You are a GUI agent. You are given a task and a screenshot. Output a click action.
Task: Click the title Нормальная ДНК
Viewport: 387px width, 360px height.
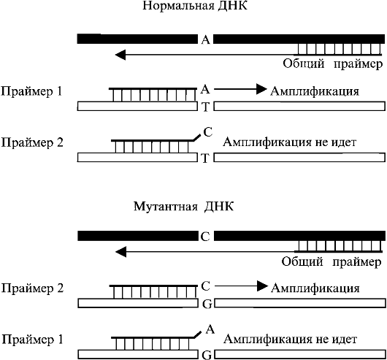pos(195,5)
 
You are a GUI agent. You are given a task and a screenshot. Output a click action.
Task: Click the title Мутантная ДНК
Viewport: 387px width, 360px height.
pos(183,206)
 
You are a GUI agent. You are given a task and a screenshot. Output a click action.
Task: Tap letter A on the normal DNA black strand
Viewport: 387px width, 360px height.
pos(205,39)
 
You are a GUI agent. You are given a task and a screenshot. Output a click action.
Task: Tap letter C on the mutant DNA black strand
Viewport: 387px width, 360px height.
pos(205,237)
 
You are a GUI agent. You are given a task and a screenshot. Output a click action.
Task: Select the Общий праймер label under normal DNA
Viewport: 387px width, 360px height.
pos(332,64)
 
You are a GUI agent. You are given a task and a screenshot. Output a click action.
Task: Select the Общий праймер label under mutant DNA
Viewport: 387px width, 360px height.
pos(332,261)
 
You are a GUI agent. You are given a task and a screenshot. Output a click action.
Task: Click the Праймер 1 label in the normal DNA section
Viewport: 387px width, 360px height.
pos(31,91)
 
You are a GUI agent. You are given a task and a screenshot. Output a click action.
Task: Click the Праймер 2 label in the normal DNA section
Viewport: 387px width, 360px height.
pos(32,143)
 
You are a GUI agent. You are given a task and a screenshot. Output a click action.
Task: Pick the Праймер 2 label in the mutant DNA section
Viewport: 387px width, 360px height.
pos(32,288)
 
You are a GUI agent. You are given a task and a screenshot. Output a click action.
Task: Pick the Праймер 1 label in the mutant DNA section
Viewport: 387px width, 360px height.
pos(32,340)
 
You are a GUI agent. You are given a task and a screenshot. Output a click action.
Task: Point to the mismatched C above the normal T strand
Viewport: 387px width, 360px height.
pos(208,132)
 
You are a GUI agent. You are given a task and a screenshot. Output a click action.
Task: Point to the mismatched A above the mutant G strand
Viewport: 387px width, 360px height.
pos(210,329)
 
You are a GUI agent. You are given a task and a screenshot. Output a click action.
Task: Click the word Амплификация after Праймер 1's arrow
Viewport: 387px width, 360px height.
pos(315,91)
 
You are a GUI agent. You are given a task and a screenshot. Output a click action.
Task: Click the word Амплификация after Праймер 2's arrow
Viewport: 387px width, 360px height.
pos(315,288)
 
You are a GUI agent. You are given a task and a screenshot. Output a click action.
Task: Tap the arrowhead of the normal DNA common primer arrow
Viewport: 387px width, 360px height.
pos(120,55)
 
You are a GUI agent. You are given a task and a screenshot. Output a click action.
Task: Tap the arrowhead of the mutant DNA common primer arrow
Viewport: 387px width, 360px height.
pos(121,252)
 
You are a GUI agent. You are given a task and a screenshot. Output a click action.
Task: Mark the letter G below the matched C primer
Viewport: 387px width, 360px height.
pos(207,305)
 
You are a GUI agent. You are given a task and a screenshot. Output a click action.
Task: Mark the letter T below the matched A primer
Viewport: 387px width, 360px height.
pos(206,107)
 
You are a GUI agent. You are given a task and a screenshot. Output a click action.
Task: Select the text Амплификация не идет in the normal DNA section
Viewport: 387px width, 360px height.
pos(289,142)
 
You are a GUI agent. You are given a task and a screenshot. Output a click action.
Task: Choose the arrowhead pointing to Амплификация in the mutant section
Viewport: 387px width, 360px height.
pos(262,286)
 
